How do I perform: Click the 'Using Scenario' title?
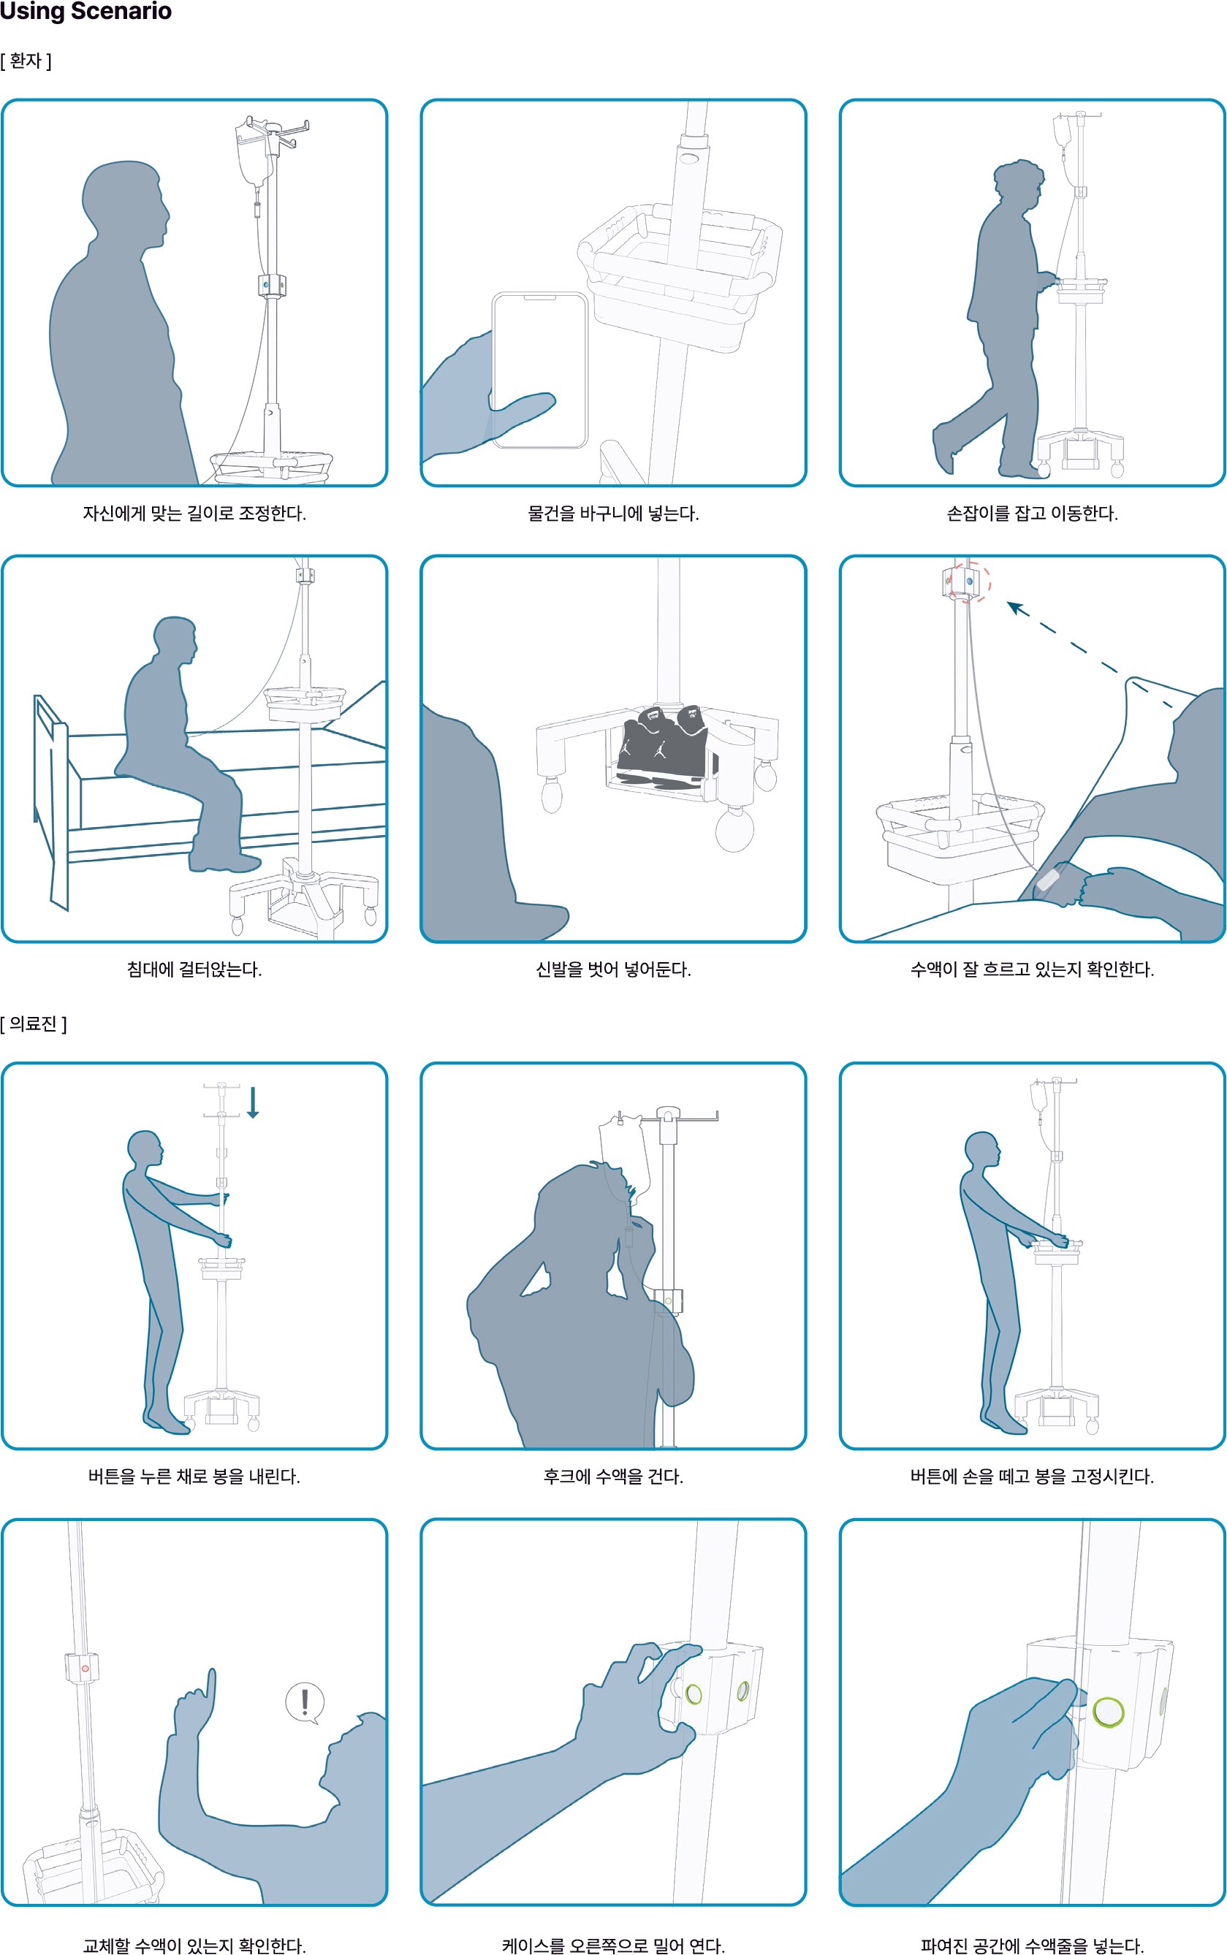[86, 12]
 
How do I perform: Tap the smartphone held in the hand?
[539, 370]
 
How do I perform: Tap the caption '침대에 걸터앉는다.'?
[194, 969]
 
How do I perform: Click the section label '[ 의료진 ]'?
[34, 1024]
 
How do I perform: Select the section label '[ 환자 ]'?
[26, 61]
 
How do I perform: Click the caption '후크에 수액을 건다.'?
[614, 1476]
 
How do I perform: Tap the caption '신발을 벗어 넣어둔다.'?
[614, 969]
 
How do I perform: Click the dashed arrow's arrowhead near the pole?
[1016, 608]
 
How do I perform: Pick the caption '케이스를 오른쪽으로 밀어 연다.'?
[614, 1946]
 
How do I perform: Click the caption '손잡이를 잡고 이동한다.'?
[1032, 514]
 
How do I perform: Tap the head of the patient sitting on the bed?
[175, 641]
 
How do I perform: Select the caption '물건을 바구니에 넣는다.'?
[614, 514]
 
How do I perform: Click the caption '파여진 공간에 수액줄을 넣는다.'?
[1032, 1946]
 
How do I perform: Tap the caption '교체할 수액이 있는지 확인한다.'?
[194, 1946]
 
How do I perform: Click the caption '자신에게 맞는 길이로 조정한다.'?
[194, 514]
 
